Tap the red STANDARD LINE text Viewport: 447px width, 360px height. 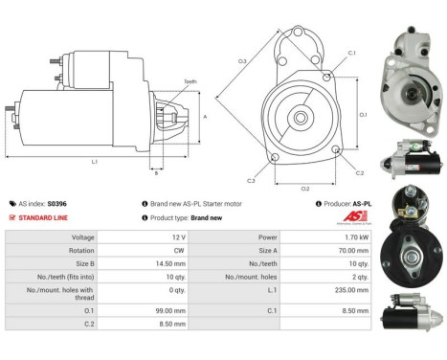coord(40,216)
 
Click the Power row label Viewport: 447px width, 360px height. coord(269,236)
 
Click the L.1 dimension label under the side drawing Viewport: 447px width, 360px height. coord(95,162)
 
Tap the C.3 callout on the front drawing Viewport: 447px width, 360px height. coord(251,180)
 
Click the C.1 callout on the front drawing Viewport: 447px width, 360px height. coord(351,53)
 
